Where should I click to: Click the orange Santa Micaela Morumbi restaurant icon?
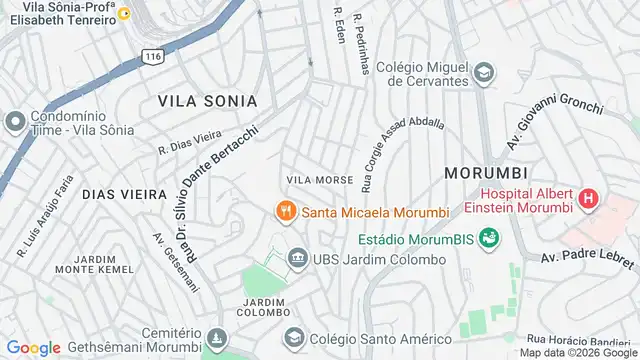(286, 210)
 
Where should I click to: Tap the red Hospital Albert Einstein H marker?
(588, 199)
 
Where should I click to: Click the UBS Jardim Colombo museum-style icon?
(296, 260)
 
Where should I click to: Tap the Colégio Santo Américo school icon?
(292, 338)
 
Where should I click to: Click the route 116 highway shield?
(152, 57)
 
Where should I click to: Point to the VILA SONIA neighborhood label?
(207, 102)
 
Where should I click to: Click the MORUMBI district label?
(485, 172)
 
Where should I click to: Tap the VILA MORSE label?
(320, 180)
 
